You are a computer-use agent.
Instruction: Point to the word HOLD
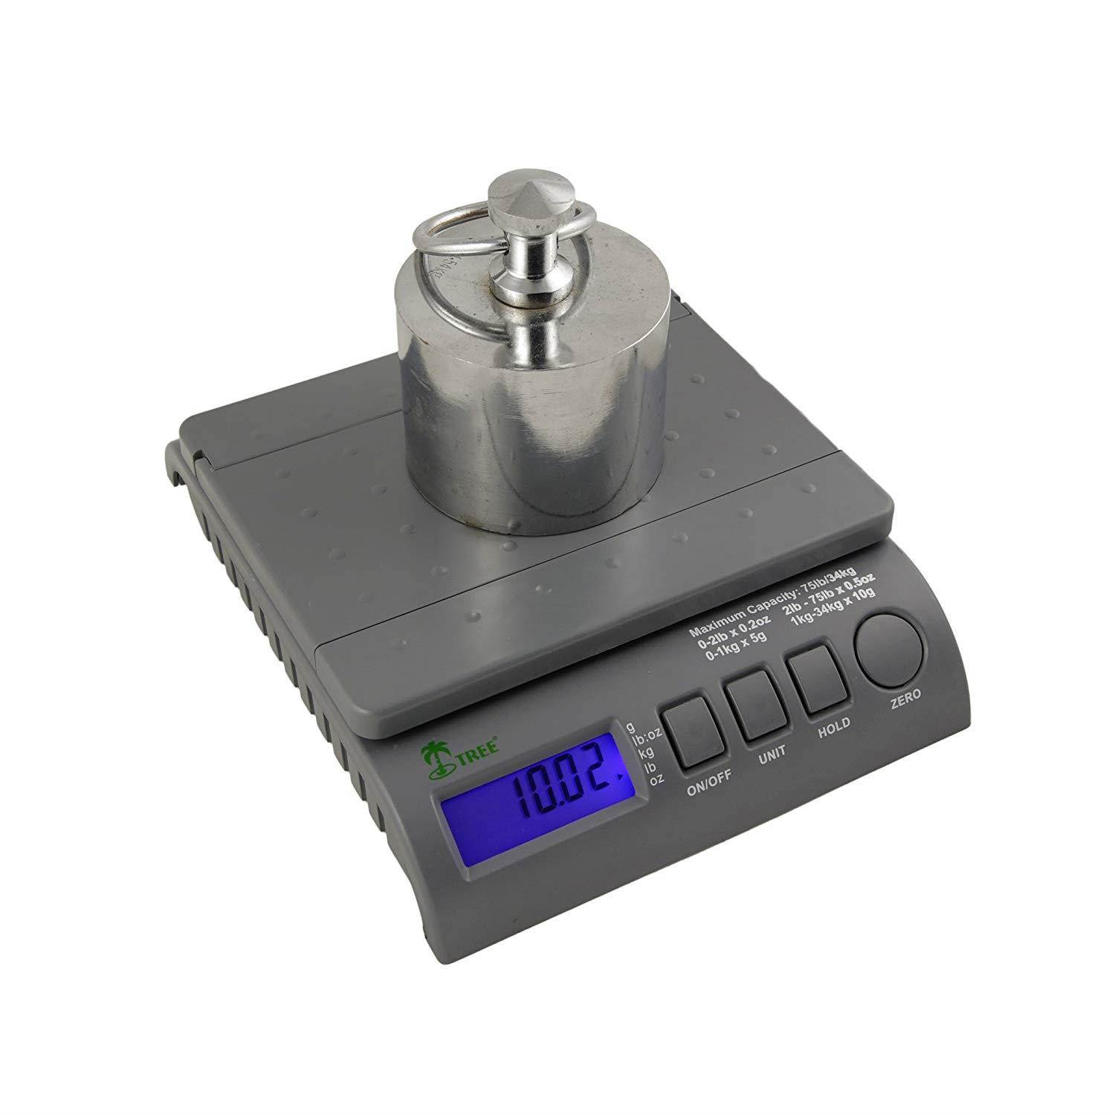click(834, 728)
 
